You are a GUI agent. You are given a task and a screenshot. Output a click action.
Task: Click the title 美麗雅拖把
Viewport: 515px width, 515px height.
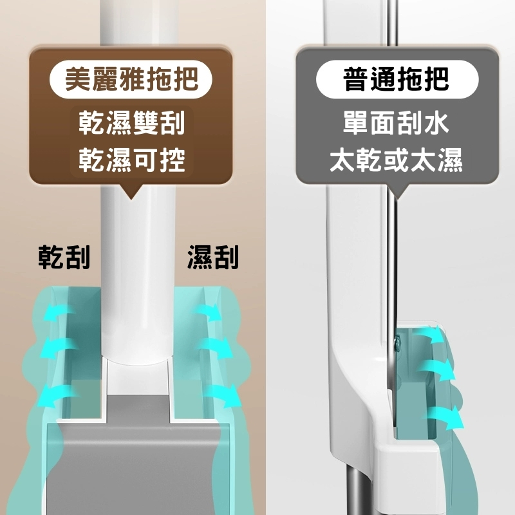(x=131, y=79)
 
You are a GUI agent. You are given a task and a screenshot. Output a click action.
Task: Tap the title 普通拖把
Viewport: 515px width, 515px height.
(x=396, y=79)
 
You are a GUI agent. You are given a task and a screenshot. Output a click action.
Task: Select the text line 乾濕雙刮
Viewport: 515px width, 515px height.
(x=132, y=123)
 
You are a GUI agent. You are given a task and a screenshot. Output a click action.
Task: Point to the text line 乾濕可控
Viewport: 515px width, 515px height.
(x=132, y=160)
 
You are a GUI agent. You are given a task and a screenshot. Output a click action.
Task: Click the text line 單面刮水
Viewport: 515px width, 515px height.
(x=396, y=123)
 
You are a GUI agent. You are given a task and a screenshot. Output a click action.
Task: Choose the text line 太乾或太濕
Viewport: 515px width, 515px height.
(x=396, y=160)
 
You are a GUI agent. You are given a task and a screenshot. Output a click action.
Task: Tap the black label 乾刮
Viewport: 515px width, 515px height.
(x=64, y=257)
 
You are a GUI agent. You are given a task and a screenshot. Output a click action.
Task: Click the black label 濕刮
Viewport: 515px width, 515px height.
(x=213, y=257)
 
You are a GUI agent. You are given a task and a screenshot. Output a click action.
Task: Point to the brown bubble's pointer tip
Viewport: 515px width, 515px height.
(x=131, y=200)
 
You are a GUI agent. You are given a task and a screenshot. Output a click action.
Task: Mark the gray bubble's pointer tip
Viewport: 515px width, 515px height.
(x=397, y=199)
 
